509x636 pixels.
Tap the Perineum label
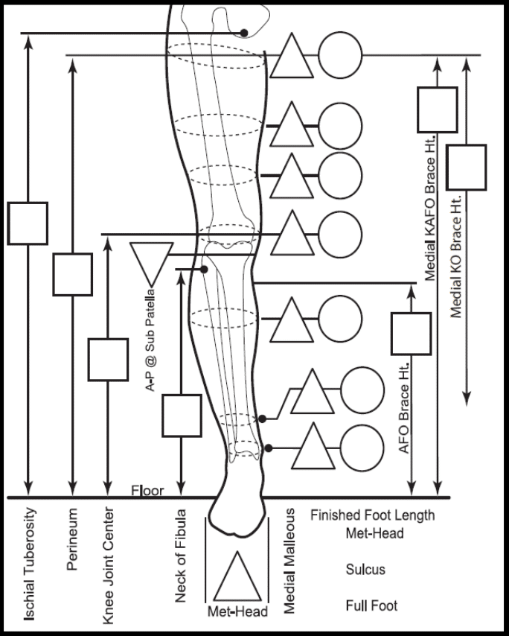click(x=71, y=539)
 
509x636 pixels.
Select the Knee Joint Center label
click(x=108, y=565)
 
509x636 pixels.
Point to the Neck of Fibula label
click(x=180, y=556)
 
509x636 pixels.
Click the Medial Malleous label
click(x=289, y=561)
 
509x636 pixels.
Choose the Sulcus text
click(x=365, y=570)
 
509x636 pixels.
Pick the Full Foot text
click(x=371, y=605)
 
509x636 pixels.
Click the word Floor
click(x=147, y=491)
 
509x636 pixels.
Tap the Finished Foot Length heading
click(x=372, y=515)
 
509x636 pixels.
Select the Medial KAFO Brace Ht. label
click(x=429, y=208)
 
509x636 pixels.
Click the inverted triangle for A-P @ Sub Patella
click(x=152, y=261)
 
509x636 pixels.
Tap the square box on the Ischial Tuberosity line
click(x=28, y=223)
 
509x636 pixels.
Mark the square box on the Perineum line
click(x=72, y=275)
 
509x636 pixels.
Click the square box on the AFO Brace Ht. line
click(x=411, y=334)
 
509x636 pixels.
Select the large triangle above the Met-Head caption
click(x=237, y=576)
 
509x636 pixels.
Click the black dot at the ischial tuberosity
click(x=244, y=33)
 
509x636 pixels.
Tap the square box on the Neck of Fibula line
click(x=182, y=416)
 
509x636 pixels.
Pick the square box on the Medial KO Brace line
click(x=467, y=168)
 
